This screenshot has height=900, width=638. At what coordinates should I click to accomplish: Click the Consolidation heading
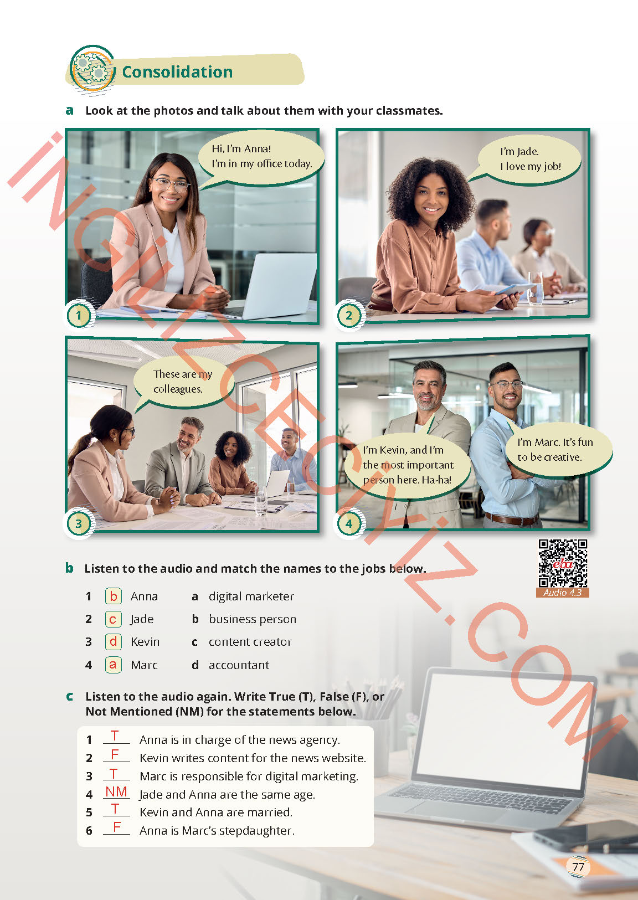[177, 72]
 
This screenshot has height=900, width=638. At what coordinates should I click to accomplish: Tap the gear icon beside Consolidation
[92, 69]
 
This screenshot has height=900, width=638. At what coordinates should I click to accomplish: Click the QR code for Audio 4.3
[563, 563]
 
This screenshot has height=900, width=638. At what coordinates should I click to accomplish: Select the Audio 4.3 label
[563, 593]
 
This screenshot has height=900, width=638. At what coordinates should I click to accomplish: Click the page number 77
[578, 867]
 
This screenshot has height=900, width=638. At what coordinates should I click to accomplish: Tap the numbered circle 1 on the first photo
[79, 315]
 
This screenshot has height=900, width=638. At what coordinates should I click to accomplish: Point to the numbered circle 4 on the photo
[349, 523]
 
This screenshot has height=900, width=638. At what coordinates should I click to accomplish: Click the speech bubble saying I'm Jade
[524, 160]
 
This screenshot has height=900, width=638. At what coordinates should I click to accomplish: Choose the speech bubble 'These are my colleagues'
[183, 382]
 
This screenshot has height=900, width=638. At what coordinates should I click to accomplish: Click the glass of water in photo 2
[535, 289]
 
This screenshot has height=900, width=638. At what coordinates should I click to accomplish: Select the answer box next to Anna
[114, 596]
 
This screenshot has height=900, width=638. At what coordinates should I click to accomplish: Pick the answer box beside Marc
[114, 665]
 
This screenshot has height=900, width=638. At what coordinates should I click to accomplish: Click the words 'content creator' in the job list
[250, 642]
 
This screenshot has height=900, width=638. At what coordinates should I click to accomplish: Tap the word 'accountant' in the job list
[239, 665]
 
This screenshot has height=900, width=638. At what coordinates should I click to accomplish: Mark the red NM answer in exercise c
[116, 791]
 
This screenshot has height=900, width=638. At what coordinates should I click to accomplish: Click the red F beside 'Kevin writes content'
[115, 754]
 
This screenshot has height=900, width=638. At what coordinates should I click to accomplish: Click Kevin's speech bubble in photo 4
[408, 465]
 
